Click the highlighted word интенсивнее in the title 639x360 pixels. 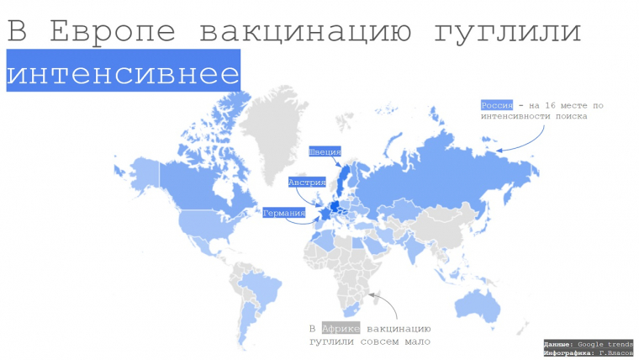pyautogui.click(x=123, y=71)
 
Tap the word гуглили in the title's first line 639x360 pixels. pyautogui.click(x=509, y=32)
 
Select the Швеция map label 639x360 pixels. pyautogui.click(x=325, y=152)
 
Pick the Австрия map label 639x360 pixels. pyautogui.click(x=306, y=182)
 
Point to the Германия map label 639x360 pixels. pyautogui.click(x=283, y=213)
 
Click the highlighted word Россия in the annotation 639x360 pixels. pyautogui.click(x=496, y=105)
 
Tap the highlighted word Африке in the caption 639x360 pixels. pyautogui.click(x=341, y=328)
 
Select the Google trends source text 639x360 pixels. pyautogui.click(x=604, y=344)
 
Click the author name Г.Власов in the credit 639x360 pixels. pyautogui.click(x=614, y=353)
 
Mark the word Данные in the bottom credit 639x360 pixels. pyautogui.click(x=558, y=344)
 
